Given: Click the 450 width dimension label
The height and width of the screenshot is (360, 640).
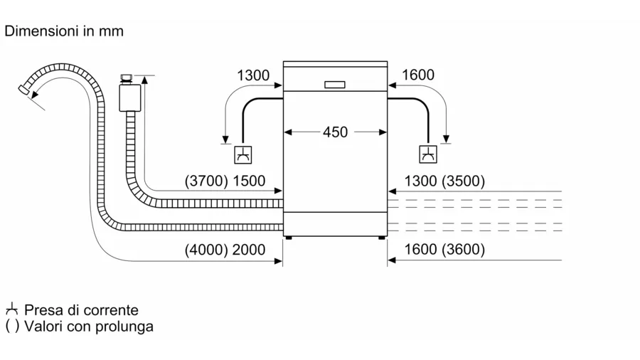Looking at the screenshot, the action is (335, 132).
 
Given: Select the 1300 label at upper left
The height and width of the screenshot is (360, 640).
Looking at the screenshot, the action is (253, 75).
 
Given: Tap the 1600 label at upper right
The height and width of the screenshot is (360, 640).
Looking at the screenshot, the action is (418, 75).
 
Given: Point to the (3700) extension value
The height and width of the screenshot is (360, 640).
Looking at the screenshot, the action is (206, 181).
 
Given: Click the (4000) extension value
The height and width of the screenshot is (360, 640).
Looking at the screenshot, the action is (206, 250).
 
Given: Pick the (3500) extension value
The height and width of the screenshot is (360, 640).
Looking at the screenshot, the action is (463, 181).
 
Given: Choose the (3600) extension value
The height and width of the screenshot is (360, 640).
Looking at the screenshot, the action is (463, 249).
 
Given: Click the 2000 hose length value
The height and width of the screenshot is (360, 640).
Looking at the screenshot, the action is (249, 250).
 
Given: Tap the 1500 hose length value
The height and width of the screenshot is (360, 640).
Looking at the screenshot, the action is (249, 181).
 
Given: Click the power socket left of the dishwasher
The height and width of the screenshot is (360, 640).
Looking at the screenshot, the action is (243, 154).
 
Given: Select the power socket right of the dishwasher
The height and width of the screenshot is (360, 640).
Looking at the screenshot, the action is (428, 154).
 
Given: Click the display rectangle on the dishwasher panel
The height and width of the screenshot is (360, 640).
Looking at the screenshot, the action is (335, 85).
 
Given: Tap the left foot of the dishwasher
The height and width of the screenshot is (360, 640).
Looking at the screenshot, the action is (289, 238).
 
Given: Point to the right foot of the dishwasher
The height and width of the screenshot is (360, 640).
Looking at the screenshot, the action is (382, 238).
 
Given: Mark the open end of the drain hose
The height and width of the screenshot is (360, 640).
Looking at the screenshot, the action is (23, 90).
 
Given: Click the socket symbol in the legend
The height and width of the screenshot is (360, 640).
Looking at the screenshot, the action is (12, 309).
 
